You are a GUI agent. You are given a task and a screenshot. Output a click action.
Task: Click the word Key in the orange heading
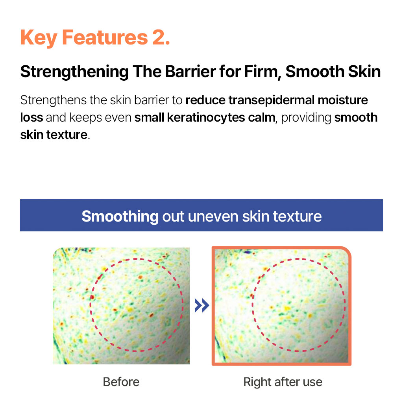[39, 38]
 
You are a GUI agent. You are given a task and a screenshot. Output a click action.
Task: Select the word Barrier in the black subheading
[190, 72]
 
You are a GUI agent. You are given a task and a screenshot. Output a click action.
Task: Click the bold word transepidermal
[272, 100]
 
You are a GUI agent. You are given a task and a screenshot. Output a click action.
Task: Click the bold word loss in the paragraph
[31, 117]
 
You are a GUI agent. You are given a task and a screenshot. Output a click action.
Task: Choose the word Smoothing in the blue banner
[120, 216]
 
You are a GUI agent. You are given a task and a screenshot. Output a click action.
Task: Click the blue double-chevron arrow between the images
[202, 305]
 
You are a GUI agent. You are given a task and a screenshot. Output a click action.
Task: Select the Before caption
[121, 382]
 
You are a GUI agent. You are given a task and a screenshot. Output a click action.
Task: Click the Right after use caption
[283, 382]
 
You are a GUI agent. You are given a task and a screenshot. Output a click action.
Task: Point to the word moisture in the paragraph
[343, 100]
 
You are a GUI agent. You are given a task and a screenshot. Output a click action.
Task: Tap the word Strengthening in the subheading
[74, 72]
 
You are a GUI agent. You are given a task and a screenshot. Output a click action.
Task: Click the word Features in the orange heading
[105, 37]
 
